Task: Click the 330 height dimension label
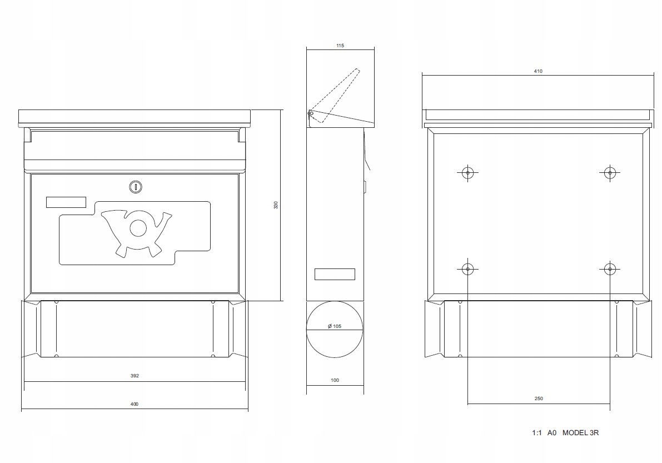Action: coord(276,205)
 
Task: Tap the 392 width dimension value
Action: coord(135,376)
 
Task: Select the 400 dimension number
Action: coord(134,404)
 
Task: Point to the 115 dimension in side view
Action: coord(340,46)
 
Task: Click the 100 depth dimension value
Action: coord(335,380)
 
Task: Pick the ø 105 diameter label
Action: coord(335,326)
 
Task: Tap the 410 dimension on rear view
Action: coord(538,71)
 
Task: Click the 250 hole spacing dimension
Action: coord(539,399)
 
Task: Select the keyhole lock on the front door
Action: coord(135,187)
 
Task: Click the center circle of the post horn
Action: coord(138,228)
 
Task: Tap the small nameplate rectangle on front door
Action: coord(66,202)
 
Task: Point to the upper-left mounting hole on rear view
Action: coord(467,173)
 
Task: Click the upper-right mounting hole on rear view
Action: coord(610,173)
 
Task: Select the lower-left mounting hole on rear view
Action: coord(467,268)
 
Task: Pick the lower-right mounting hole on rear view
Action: coord(610,268)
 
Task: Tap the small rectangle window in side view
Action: coord(335,275)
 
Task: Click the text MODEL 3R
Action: coord(580,432)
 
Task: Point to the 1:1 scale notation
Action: coord(536,432)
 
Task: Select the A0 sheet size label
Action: coord(552,432)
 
